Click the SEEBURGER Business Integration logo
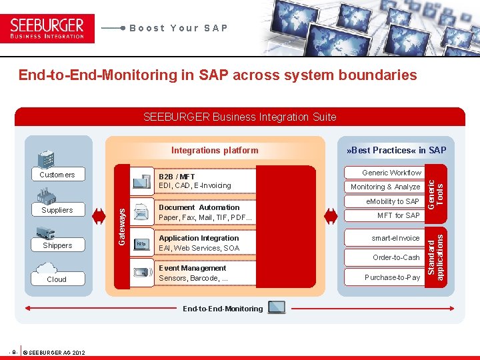47,28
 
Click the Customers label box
57,175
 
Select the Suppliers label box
57,210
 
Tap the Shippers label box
57,245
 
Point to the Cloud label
57,279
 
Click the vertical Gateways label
121,225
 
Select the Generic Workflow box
391,173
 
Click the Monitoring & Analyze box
385,187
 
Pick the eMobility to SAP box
393,201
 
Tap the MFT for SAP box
398,215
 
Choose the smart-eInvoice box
395,238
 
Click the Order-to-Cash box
396,257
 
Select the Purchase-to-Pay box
392,277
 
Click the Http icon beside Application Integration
141,244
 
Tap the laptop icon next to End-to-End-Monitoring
275,307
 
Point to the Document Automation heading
199,207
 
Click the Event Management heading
193,268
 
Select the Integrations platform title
215,150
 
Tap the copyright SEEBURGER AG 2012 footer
53,352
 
